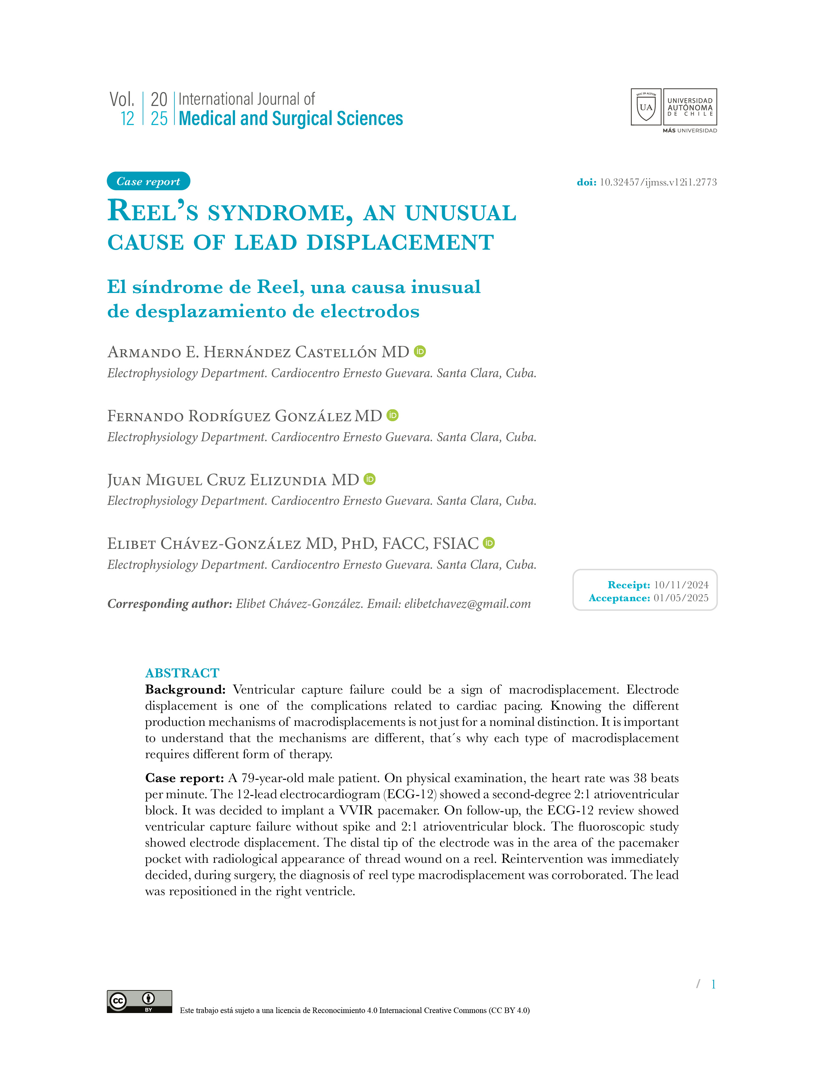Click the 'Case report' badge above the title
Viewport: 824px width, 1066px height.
[x=148, y=182]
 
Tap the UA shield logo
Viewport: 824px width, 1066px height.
[x=646, y=107]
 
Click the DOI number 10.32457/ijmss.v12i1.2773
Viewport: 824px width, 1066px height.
[x=658, y=182]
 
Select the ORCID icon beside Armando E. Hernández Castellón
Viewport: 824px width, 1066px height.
[x=420, y=351]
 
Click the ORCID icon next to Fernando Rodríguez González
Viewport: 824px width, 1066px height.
[x=393, y=415]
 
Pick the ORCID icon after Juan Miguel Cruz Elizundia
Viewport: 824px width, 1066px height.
[x=370, y=479]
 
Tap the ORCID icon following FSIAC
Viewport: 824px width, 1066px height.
[x=489, y=543]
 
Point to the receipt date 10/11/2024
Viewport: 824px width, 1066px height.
[x=681, y=585]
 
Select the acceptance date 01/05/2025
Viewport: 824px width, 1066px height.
[x=681, y=598]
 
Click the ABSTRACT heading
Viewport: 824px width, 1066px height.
[x=182, y=673]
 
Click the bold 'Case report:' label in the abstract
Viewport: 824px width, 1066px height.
[x=185, y=778]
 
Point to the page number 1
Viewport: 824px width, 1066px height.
[x=713, y=985]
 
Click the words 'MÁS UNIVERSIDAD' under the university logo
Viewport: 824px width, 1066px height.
[x=689, y=131]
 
